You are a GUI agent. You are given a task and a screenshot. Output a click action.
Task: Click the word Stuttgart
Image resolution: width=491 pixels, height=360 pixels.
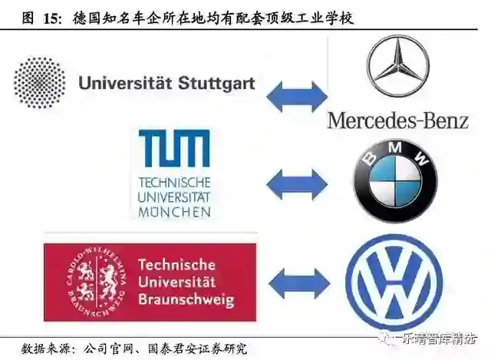pos(213,82)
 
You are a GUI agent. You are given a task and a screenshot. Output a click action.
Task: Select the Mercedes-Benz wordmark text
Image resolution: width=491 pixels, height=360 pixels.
pos(397,120)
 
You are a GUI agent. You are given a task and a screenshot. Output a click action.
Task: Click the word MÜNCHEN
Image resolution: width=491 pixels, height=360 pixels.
pos(173,210)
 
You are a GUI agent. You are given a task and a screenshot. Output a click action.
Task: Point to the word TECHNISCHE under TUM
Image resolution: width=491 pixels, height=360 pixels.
pos(173,183)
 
